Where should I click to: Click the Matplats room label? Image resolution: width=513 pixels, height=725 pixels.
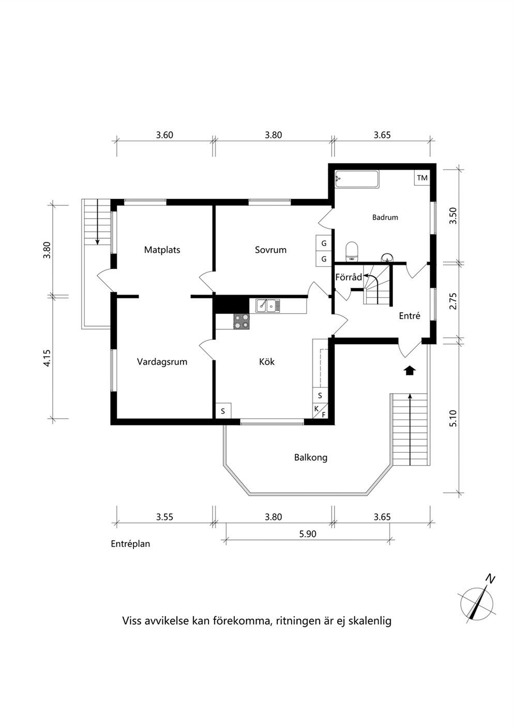coord(162,250)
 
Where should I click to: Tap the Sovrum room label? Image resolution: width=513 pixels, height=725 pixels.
coord(270,250)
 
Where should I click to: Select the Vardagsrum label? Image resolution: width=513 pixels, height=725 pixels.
coord(162,362)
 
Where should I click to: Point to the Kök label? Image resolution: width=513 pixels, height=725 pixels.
coord(266,362)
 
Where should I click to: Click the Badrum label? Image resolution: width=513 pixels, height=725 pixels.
coord(385,218)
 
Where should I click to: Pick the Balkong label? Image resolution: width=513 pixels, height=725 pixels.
coord(311,458)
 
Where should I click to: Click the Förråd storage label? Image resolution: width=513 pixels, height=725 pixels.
coord(349,277)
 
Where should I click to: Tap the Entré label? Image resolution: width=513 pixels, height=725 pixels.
coord(410,316)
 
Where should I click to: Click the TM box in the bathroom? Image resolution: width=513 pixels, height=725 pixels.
coord(422,178)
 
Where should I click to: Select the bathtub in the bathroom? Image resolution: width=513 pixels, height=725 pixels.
coord(357,179)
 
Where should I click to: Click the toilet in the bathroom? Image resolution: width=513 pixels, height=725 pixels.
coord(352,252)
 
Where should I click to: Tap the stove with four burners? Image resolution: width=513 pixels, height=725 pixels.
coord(242,322)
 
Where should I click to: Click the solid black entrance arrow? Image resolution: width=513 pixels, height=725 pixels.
coord(410,371)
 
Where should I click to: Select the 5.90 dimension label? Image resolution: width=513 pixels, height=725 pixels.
coord(308,534)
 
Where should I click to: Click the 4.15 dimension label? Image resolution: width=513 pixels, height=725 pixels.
coord(47,358)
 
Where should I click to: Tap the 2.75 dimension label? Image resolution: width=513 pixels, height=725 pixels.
coord(453,301)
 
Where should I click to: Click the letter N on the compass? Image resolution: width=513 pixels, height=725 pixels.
coord(491,579)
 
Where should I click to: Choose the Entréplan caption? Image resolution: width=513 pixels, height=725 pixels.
coord(130,544)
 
